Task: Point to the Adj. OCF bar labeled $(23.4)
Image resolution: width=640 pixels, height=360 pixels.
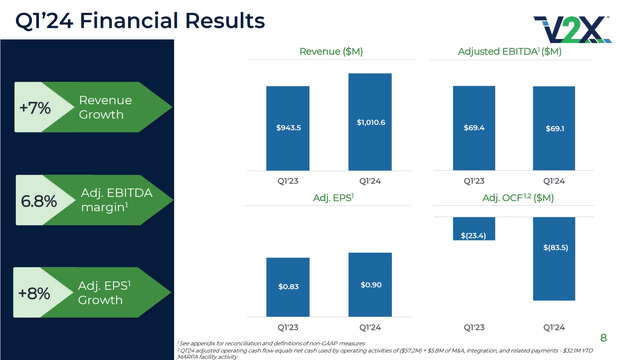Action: pos(473,229)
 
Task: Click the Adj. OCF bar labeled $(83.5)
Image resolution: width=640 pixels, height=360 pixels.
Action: pos(555,258)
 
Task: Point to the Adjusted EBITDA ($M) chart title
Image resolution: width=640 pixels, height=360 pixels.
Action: pos(515,52)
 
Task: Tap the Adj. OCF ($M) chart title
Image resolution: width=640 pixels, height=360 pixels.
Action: pos(515,198)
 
